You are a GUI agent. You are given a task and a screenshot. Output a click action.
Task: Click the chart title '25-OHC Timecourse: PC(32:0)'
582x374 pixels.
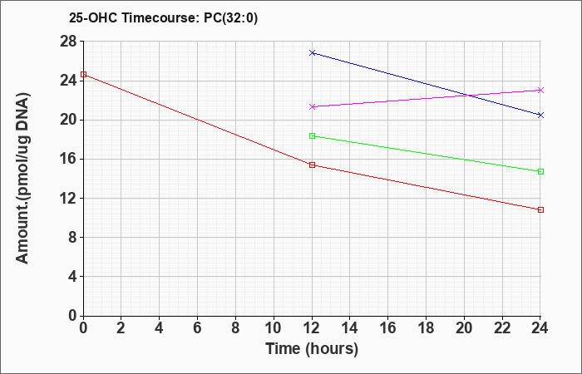click(163, 17)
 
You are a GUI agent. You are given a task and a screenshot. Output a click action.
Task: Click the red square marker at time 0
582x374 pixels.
click(83, 74)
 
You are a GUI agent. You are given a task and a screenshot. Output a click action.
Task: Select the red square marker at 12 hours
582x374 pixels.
click(312, 165)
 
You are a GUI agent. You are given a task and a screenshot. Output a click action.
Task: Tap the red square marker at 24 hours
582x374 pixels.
click(540, 210)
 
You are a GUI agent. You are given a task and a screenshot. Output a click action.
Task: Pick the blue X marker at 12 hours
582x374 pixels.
click(312, 52)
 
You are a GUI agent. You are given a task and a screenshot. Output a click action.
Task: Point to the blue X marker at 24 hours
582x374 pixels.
click(540, 115)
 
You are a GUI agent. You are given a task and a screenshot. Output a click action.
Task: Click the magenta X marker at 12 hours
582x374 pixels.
click(312, 107)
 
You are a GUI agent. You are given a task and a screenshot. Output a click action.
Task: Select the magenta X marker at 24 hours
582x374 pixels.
click(540, 90)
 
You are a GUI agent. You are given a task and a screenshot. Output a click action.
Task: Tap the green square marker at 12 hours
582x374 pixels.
click(312, 135)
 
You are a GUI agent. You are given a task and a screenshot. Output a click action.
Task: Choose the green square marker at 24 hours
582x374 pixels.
click(540, 172)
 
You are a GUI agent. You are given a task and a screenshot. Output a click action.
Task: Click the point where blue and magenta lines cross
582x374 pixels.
click(469, 96)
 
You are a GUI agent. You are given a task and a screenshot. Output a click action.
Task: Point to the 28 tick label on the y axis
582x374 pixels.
click(68, 42)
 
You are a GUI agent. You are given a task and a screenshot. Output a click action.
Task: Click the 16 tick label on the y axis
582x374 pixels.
click(68, 160)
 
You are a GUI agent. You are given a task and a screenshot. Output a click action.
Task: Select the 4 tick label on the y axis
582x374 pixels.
click(73, 277)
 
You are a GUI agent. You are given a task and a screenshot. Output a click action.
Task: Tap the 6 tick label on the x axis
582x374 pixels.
click(197, 328)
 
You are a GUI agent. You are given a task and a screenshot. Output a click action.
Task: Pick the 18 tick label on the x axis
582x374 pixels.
click(426, 328)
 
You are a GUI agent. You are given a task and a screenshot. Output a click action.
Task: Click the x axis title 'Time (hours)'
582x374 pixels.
click(312, 349)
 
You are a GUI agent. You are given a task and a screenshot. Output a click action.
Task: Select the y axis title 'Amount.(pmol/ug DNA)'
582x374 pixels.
click(22, 178)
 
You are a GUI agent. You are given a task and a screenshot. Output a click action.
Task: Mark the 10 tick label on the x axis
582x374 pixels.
click(274, 328)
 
